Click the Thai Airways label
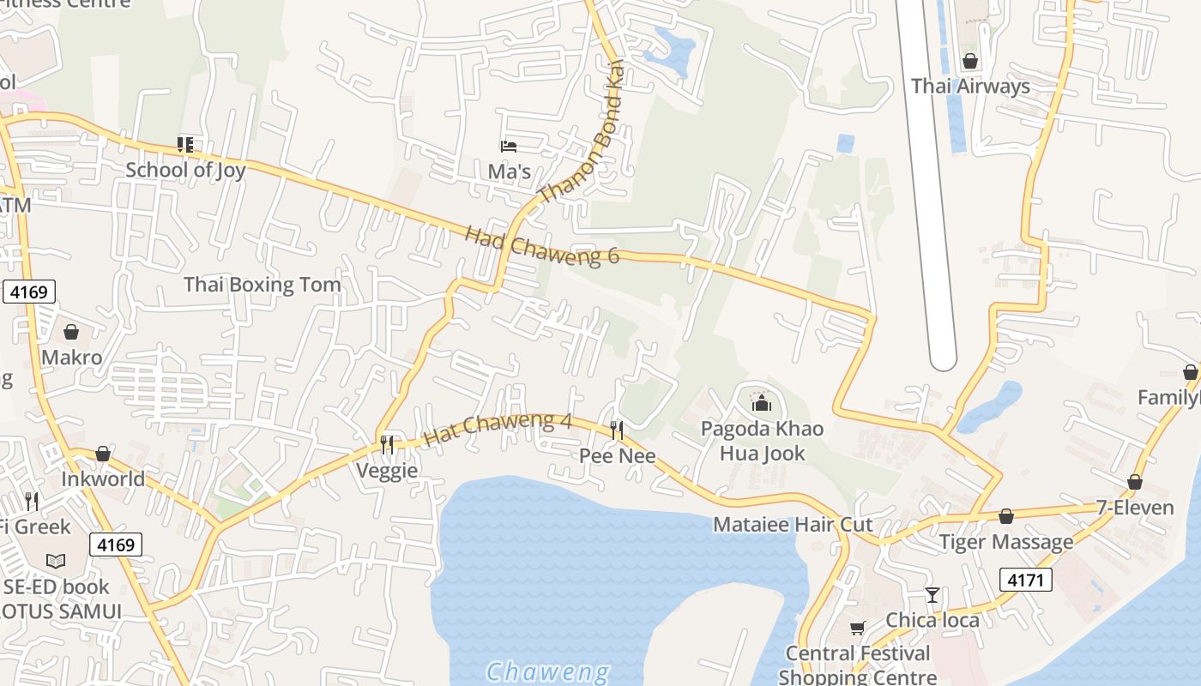(x=970, y=87)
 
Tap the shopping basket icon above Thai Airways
(x=970, y=62)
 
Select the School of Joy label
(x=185, y=170)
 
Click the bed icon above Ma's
(x=509, y=147)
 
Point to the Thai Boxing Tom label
(x=262, y=284)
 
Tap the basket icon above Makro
(x=71, y=332)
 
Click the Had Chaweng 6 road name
(x=541, y=245)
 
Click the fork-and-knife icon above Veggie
(x=387, y=444)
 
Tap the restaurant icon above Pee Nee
(x=617, y=430)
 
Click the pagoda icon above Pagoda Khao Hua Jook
(x=761, y=402)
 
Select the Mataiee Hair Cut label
(x=793, y=525)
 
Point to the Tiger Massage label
(x=1005, y=542)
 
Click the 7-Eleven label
(x=1135, y=508)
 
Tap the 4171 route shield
(x=1025, y=581)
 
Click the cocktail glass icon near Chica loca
(x=932, y=594)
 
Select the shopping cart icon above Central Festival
(x=857, y=629)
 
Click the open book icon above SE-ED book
(x=56, y=562)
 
